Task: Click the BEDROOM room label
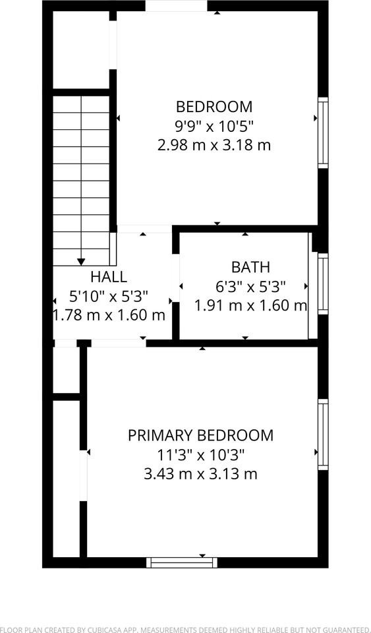(x=214, y=106)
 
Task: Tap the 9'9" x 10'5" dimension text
(x=214, y=125)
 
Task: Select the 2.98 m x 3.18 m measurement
(x=214, y=144)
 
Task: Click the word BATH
(x=250, y=267)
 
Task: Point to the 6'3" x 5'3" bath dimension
(x=250, y=286)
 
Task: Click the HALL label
(x=109, y=277)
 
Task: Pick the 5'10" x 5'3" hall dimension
(x=109, y=296)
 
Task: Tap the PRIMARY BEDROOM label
(x=200, y=435)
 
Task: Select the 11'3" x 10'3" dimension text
(x=200, y=454)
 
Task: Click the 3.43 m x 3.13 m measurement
(x=200, y=473)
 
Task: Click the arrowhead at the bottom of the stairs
(x=81, y=262)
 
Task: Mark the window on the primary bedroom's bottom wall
(x=182, y=562)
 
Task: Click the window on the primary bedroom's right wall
(x=323, y=434)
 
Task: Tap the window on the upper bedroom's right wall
(x=323, y=132)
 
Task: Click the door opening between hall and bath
(x=176, y=286)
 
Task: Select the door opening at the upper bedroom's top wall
(x=176, y=6)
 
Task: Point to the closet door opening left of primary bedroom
(x=84, y=475)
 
